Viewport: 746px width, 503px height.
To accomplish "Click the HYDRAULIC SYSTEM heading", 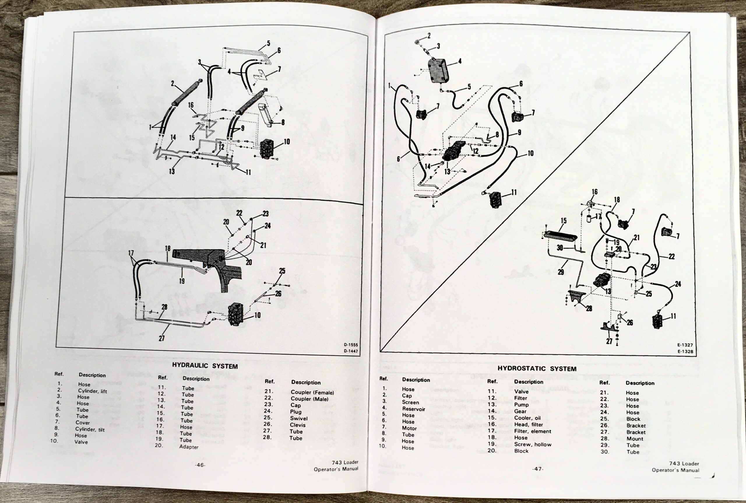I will (205, 366).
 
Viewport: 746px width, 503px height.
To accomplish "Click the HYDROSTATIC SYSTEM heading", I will (537, 369).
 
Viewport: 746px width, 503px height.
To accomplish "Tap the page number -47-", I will (538, 469).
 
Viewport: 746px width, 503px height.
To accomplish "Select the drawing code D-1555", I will (351, 345).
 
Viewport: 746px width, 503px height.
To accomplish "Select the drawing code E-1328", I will (685, 352).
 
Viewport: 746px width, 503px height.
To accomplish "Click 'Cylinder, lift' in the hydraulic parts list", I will (92, 391).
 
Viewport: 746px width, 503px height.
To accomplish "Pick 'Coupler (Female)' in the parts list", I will (312, 392).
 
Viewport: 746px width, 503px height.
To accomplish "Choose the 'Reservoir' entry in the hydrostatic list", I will (414, 409).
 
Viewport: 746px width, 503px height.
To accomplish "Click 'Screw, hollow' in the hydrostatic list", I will (532, 444).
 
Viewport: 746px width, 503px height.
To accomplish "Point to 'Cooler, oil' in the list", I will (527, 418).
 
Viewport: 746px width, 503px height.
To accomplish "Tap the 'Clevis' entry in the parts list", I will (298, 425).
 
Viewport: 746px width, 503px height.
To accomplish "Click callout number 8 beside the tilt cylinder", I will (282, 122).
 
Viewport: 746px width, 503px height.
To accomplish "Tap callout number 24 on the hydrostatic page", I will (678, 284).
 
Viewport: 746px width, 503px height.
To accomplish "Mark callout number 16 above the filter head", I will (594, 192).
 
